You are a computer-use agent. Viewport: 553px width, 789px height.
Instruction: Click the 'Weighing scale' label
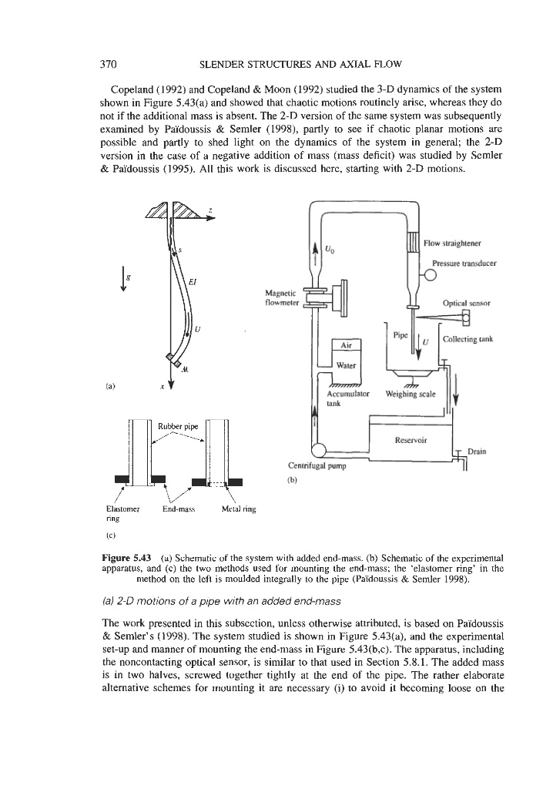411,394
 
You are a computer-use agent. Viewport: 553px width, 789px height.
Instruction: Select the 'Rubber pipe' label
175,426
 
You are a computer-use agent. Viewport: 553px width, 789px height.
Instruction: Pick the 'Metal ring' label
238,509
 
